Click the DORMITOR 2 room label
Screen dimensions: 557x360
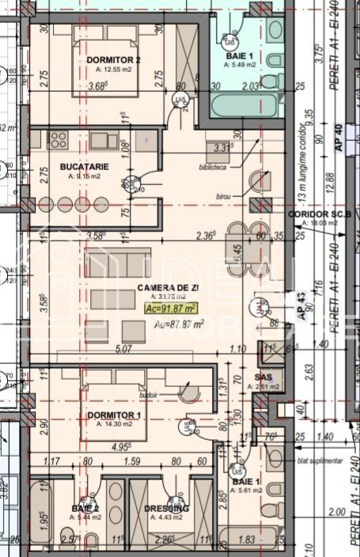point(114,59)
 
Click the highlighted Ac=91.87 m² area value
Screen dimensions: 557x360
point(170,309)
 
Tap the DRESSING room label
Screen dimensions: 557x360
point(166,508)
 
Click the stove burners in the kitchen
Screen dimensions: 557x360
point(58,140)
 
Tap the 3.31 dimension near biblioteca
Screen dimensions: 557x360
point(222,147)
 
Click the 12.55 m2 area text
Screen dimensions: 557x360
point(114,68)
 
